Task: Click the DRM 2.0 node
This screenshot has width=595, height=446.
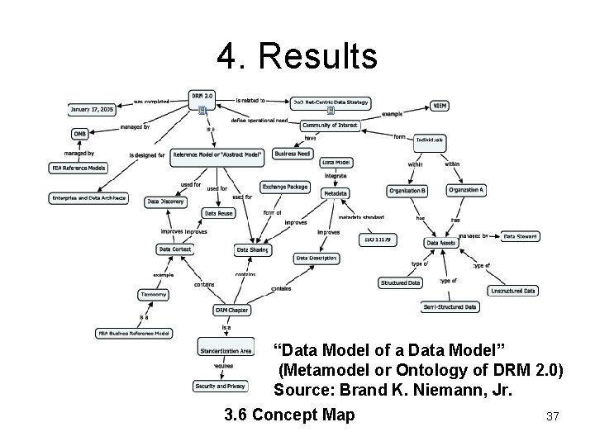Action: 202,96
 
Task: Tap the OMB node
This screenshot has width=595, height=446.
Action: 80,134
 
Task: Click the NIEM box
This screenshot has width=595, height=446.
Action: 440,106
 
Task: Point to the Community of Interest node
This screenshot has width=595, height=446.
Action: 331,125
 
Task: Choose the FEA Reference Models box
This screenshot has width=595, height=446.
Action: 79,168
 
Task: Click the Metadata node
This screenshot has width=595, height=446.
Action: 335,193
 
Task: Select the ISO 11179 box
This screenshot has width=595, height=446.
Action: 376,240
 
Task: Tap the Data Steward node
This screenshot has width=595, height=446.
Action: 521,236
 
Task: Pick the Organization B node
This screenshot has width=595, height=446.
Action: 407,191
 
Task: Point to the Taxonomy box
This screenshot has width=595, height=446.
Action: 154,294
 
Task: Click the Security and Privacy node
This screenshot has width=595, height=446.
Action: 220,386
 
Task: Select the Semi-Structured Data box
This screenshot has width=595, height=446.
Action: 450,306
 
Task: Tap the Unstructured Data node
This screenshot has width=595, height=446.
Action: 513,291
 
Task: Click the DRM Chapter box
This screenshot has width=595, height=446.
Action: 232,311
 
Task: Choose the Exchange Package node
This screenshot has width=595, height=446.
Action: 285,187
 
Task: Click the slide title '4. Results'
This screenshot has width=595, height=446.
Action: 297,57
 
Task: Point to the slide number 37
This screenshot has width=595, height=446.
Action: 553,417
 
